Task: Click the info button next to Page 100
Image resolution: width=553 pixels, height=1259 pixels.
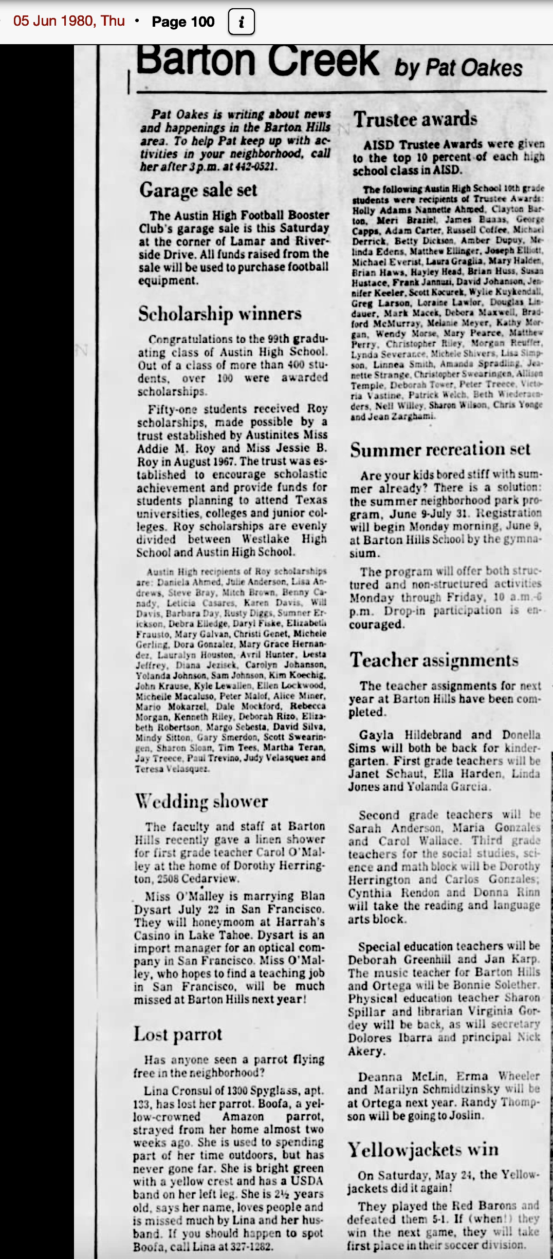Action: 241,22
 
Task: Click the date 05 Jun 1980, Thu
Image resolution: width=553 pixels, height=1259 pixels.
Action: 69,21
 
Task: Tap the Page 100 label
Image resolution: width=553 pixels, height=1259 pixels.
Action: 183,22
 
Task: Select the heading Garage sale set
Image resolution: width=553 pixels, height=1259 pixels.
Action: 198,190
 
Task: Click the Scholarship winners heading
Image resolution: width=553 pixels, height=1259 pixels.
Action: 220,313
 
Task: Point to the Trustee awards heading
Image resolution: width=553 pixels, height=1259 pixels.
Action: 415,119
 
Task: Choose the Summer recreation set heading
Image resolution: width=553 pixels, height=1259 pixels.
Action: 440,450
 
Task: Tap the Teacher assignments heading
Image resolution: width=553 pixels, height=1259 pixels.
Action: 434,660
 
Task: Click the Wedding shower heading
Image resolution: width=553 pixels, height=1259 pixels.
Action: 201,801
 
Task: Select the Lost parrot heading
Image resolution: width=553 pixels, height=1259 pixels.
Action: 178,1034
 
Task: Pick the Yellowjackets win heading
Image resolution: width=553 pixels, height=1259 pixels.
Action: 423,1149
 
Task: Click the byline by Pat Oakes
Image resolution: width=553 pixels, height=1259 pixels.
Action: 458,68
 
